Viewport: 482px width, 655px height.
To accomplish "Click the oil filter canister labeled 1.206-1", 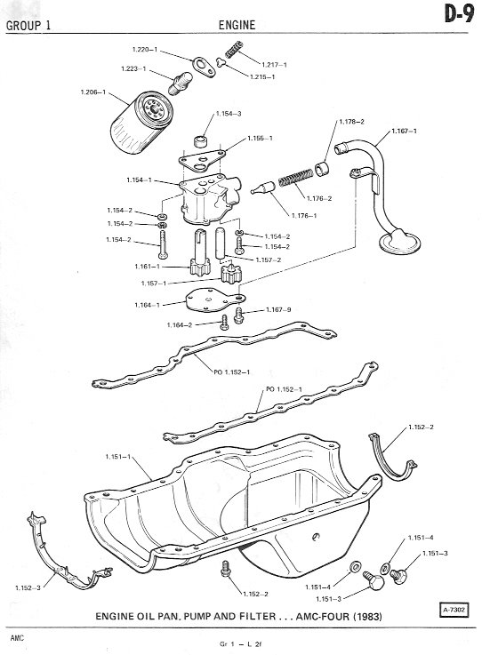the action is (x=141, y=124).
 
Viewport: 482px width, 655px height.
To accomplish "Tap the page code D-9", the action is (x=459, y=14).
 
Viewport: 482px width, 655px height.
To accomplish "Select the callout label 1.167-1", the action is (x=404, y=132).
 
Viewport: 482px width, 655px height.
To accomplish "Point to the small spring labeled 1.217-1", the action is (x=234, y=49).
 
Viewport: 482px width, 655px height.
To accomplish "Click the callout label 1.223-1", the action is (x=133, y=68).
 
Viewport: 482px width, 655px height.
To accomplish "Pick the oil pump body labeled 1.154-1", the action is (x=210, y=198).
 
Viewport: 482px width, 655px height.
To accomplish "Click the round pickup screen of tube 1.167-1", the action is (x=398, y=242).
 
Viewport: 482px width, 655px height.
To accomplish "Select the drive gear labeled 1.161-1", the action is (x=200, y=252).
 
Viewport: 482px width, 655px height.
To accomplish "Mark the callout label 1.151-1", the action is (x=118, y=457).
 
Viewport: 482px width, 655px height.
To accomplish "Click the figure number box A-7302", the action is (x=454, y=610).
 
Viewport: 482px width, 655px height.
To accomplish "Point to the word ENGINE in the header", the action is (x=237, y=25).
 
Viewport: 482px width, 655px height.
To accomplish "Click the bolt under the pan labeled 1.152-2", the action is (x=226, y=569).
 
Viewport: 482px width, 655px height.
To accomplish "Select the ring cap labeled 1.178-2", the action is (x=322, y=169).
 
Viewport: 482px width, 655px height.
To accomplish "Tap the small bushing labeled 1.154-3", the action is (x=202, y=140).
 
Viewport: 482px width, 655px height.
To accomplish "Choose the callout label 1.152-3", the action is (x=28, y=587).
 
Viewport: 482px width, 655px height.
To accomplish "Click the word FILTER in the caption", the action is (x=258, y=616).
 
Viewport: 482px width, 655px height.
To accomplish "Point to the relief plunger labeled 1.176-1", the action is (x=263, y=188).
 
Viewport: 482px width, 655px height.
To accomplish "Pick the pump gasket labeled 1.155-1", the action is (x=202, y=160).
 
